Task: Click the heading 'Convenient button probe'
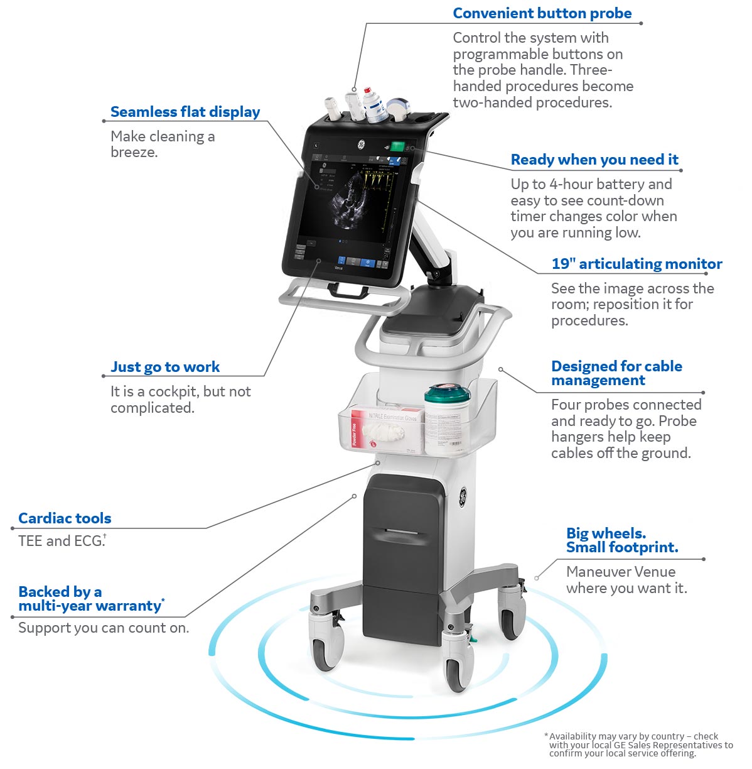pos(542,14)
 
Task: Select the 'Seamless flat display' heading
pos(185,112)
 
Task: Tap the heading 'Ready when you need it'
pos(594,160)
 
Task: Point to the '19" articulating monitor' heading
pos(637,264)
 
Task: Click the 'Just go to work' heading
pos(165,367)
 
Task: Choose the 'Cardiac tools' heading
pos(65,518)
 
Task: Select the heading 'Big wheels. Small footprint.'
pos(621,540)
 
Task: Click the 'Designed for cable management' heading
pos(616,373)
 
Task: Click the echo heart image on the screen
pos(347,202)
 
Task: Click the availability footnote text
pos(637,744)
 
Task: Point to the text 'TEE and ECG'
pos(61,541)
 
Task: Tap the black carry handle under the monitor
pos(347,290)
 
